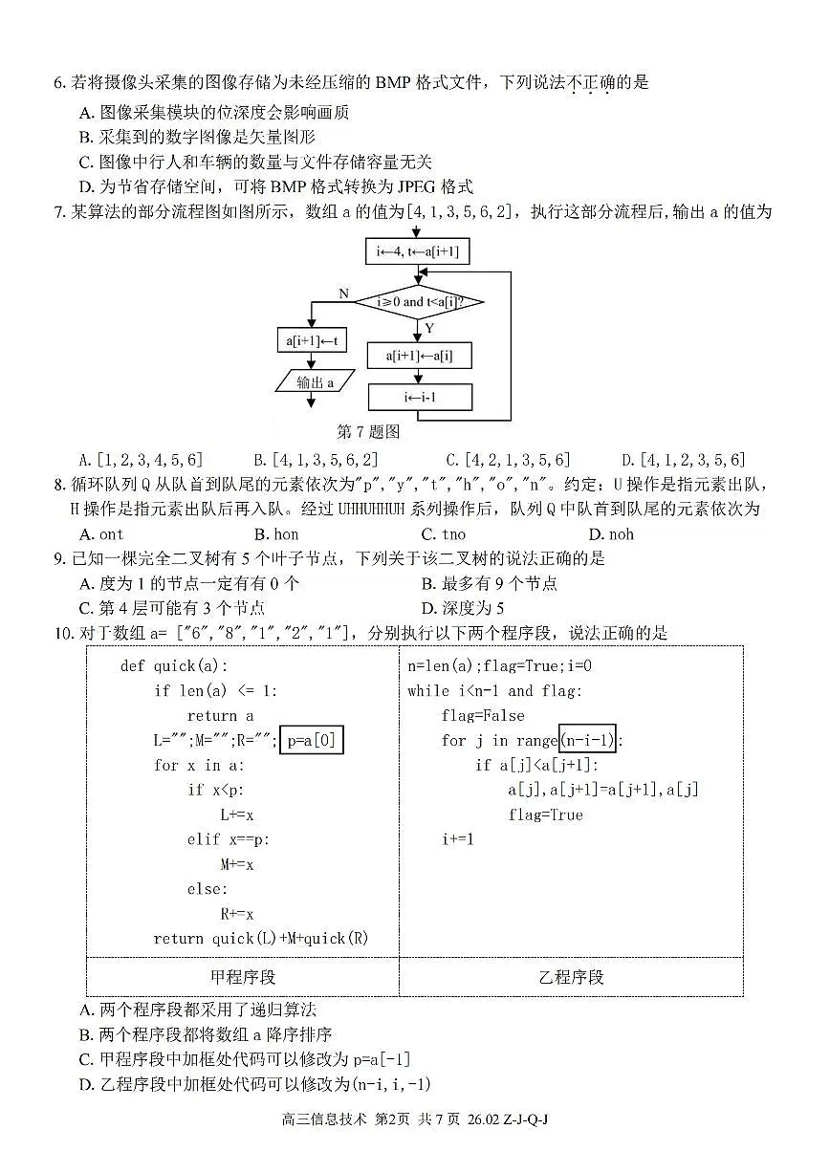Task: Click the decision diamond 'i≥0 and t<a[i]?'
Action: click(419, 302)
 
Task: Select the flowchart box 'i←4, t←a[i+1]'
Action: click(417, 252)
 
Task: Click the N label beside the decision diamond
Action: click(343, 293)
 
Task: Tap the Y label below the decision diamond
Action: click(429, 328)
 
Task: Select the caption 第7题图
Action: click(368, 432)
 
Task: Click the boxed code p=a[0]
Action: click(311, 740)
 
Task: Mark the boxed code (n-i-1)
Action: click(587, 740)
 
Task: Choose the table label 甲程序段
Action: click(243, 977)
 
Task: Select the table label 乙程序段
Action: click(571, 977)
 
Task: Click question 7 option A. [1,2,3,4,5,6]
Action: click(141, 460)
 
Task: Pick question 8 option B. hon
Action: click(276, 533)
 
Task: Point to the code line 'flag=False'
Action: click(482, 715)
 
